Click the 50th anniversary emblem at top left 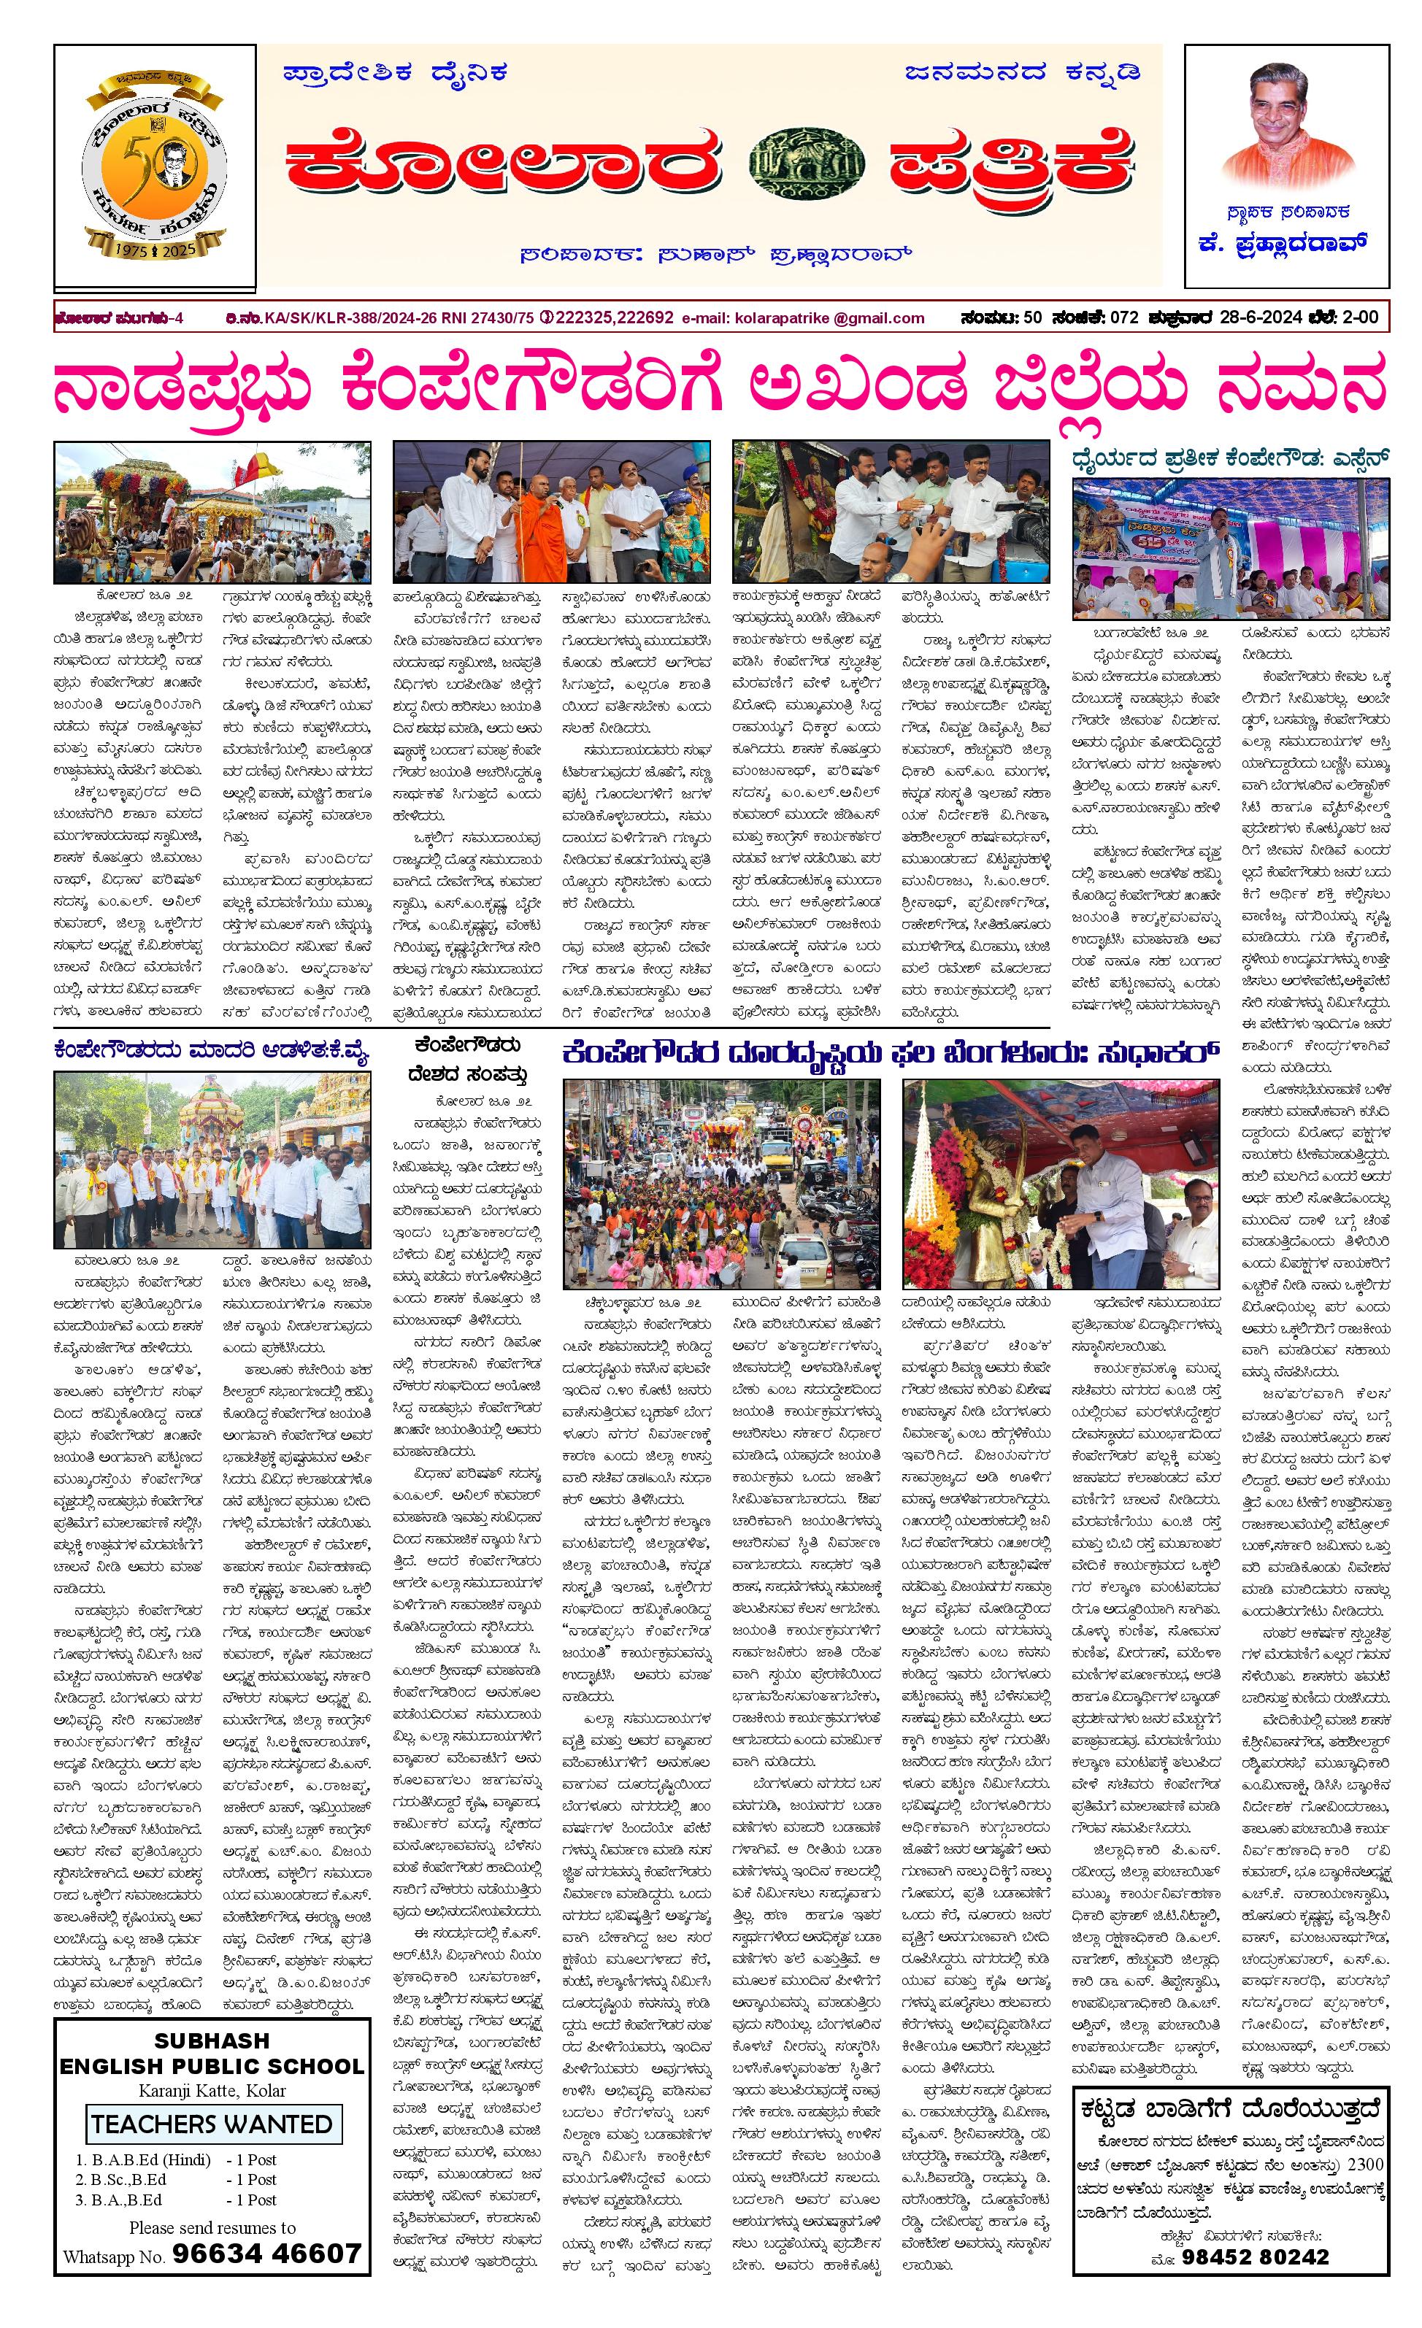pos(154,167)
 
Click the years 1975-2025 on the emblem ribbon pos(154,250)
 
